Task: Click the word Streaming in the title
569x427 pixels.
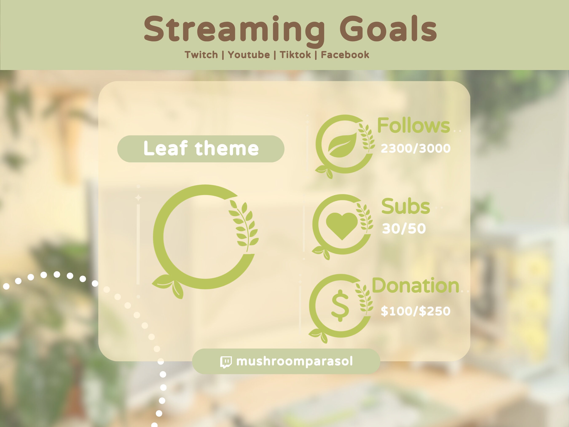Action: pyautogui.click(x=234, y=29)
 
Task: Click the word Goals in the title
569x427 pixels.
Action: pyautogui.click(x=388, y=29)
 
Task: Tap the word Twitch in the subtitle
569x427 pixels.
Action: pyautogui.click(x=201, y=55)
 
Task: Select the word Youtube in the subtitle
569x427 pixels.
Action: pyautogui.click(x=249, y=55)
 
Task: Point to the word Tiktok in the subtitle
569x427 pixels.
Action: pyautogui.click(x=295, y=55)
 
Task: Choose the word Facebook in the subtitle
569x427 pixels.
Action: pyautogui.click(x=345, y=55)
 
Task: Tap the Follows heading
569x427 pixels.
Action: pyautogui.click(x=413, y=126)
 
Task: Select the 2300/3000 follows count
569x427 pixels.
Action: pyautogui.click(x=415, y=148)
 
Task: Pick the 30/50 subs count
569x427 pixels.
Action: pyautogui.click(x=404, y=229)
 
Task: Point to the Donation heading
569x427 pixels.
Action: pyautogui.click(x=415, y=286)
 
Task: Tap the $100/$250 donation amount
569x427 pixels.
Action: pyautogui.click(x=415, y=311)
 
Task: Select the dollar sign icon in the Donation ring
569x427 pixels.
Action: pyautogui.click(x=340, y=306)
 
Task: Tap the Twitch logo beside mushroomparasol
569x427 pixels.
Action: pyautogui.click(x=226, y=362)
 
